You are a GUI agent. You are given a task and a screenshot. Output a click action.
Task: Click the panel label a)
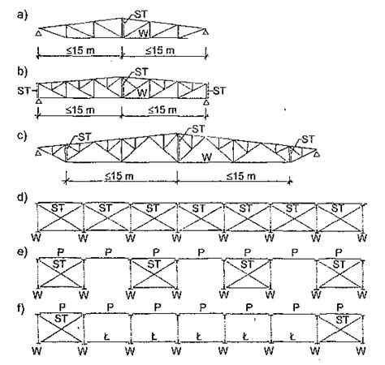22,15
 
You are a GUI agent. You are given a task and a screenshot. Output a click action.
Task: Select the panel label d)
22,197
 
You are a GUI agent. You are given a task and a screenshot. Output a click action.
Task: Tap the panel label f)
22,308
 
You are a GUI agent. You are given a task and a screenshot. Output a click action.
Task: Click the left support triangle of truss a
39,33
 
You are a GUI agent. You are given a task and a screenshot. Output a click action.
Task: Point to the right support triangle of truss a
206,32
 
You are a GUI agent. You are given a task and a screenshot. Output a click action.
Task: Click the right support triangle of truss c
317,154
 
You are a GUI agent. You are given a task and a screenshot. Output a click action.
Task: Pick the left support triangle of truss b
39,101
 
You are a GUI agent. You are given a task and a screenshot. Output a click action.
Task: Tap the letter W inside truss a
143,33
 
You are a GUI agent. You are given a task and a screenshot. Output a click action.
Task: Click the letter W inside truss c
207,157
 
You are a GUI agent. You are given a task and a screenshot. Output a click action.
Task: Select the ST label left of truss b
24,91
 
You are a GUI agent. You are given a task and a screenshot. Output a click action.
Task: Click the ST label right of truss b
219,91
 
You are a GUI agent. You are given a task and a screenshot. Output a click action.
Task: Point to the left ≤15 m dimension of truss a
80,50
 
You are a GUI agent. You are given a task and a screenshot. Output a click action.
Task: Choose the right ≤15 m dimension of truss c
241,176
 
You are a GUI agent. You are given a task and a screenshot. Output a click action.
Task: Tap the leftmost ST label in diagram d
58,208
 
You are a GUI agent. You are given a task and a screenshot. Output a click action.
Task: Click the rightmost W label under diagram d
362,238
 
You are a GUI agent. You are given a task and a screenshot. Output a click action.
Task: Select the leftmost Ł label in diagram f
106,337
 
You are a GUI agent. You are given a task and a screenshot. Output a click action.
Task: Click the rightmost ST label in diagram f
342,320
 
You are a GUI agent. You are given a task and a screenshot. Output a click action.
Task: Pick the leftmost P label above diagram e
61,252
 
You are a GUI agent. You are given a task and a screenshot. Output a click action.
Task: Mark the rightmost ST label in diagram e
339,264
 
